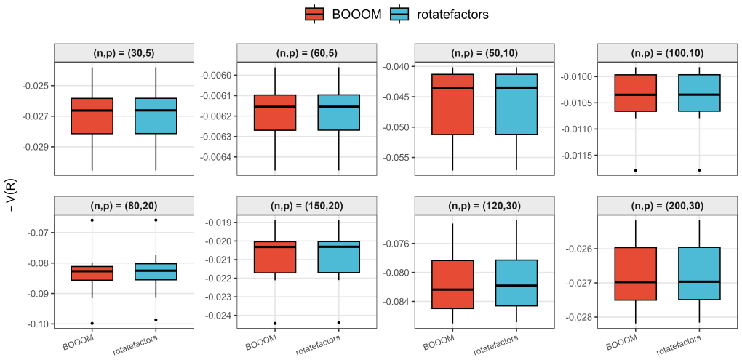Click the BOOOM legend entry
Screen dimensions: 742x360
(x=343, y=15)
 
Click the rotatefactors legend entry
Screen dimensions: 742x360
(x=439, y=15)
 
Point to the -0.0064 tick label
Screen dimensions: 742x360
(x=215, y=157)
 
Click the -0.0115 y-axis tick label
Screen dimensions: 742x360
(x=575, y=155)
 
